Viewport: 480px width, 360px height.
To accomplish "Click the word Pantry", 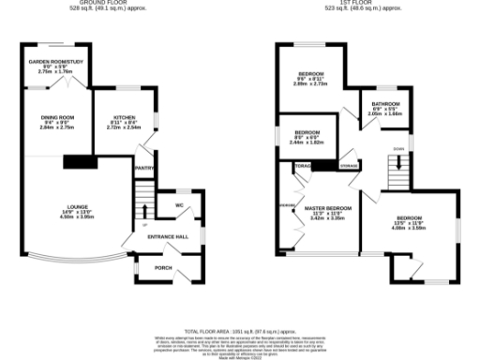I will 144,168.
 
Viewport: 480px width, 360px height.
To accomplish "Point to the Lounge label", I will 77,210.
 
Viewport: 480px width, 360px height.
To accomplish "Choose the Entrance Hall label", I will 169,236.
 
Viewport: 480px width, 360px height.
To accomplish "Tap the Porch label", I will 164,268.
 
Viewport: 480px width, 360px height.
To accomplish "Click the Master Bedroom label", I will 328,210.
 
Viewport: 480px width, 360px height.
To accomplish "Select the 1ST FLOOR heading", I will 360,5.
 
